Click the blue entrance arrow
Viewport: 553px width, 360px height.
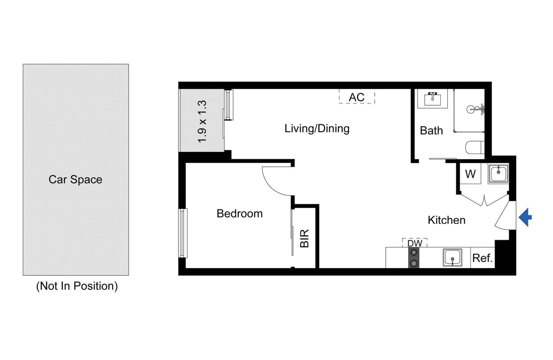coord(525,217)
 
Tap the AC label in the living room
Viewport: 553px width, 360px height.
coord(356,97)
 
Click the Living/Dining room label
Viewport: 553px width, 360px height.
coord(317,129)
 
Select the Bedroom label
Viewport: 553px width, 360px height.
coord(239,214)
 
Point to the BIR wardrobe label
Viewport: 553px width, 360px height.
coord(304,238)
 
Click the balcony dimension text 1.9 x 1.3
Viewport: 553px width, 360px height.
coord(202,121)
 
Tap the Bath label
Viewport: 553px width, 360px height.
coord(431,131)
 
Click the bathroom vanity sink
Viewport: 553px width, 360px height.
coord(432,99)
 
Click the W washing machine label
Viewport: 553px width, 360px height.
coord(470,174)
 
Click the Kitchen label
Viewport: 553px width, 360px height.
coord(446,220)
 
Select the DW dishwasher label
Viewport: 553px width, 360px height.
coord(415,243)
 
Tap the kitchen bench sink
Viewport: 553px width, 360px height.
coord(452,258)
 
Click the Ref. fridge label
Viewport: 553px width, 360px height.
coord(482,258)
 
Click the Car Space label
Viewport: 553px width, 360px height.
coord(75,180)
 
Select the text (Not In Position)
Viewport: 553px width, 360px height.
coord(77,286)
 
